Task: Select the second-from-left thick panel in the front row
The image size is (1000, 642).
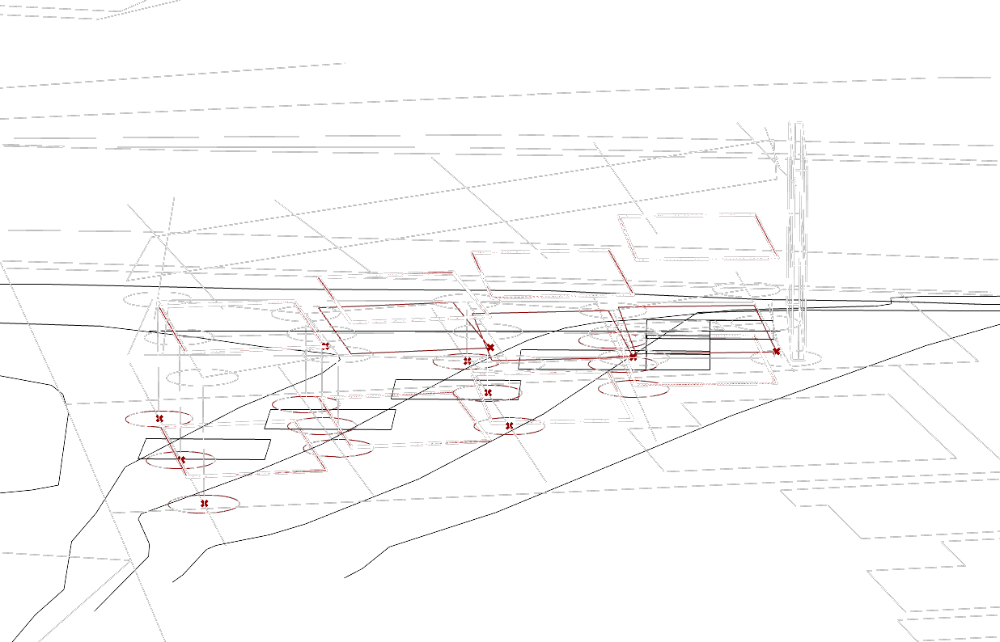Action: click(x=405, y=420)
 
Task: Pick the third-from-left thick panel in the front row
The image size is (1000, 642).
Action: click(x=553, y=397)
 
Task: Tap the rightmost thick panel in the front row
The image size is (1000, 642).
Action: click(x=699, y=359)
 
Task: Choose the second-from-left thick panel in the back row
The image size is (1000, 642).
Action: click(x=403, y=297)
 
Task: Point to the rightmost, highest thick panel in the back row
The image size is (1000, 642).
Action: click(x=698, y=237)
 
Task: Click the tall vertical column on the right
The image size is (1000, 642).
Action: click(x=797, y=243)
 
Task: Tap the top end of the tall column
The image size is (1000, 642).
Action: click(x=795, y=124)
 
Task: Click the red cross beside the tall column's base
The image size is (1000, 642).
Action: click(x=778, y=352)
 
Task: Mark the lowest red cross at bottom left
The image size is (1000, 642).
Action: click(x=204, y=505)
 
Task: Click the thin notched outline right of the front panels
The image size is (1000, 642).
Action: click(x=809, y=433)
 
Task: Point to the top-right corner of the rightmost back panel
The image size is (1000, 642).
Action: click(x=754, y=215)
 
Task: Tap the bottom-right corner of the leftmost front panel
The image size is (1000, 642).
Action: click(x=325, y=469)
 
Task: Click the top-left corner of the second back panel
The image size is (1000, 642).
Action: click(x=320, y=279)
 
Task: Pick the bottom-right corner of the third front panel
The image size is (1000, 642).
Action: click(x=631, y=419)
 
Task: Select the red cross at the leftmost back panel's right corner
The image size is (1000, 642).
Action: click(x=325, y=346)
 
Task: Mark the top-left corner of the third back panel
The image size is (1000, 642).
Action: click(x=473, y=255)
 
